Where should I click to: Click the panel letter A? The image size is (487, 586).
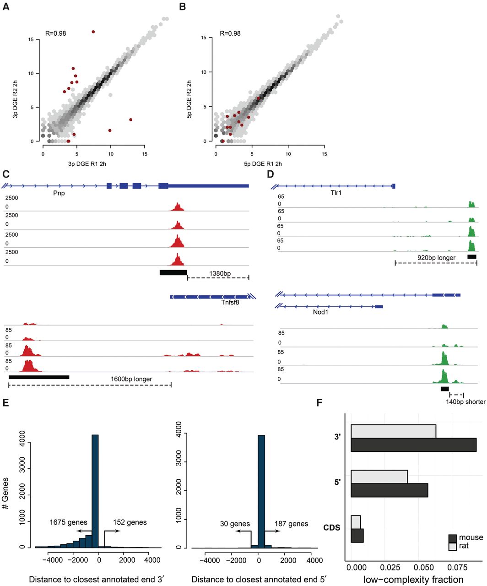pyautogui.click(x=6, y=8)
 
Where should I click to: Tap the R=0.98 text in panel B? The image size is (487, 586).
pyautogui.click(x=230, y=33)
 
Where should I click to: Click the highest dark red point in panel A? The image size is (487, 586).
pyautogui.click(x=93, y=32)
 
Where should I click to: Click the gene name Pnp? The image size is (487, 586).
pyautogui.click(x=59, y=193)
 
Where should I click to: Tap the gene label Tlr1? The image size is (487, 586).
pyautogui.click(x=336, y=193)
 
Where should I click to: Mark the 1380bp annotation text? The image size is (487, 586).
pyautogui.click(x=220, y=274)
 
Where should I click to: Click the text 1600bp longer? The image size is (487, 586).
pyautogui.click(x=131, y=379)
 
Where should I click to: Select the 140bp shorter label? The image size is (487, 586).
pyautogui.click(x=465, y=402)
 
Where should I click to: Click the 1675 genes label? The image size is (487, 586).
pyautogui.click(x=68, y=522)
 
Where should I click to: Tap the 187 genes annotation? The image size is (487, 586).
pyautogui.click(x=291, y=524)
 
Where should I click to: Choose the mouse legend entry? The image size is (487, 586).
pyautogui.click(x=471, y=537)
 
